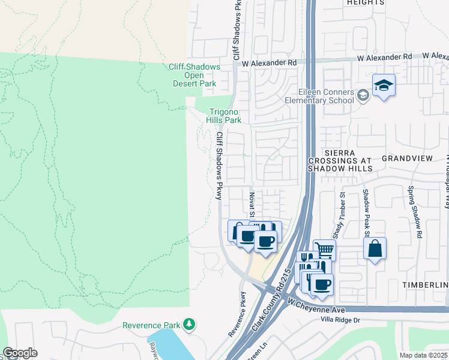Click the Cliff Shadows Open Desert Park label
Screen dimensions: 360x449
194,76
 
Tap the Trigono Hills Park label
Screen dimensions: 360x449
224,116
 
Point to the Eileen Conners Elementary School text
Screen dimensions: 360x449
326,96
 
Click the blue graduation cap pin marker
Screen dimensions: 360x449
383,85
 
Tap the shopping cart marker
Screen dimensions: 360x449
324,248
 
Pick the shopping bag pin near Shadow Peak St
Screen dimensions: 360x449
375,248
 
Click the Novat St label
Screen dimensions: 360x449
252,205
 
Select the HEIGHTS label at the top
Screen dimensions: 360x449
365,3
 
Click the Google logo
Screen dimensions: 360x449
20,353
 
